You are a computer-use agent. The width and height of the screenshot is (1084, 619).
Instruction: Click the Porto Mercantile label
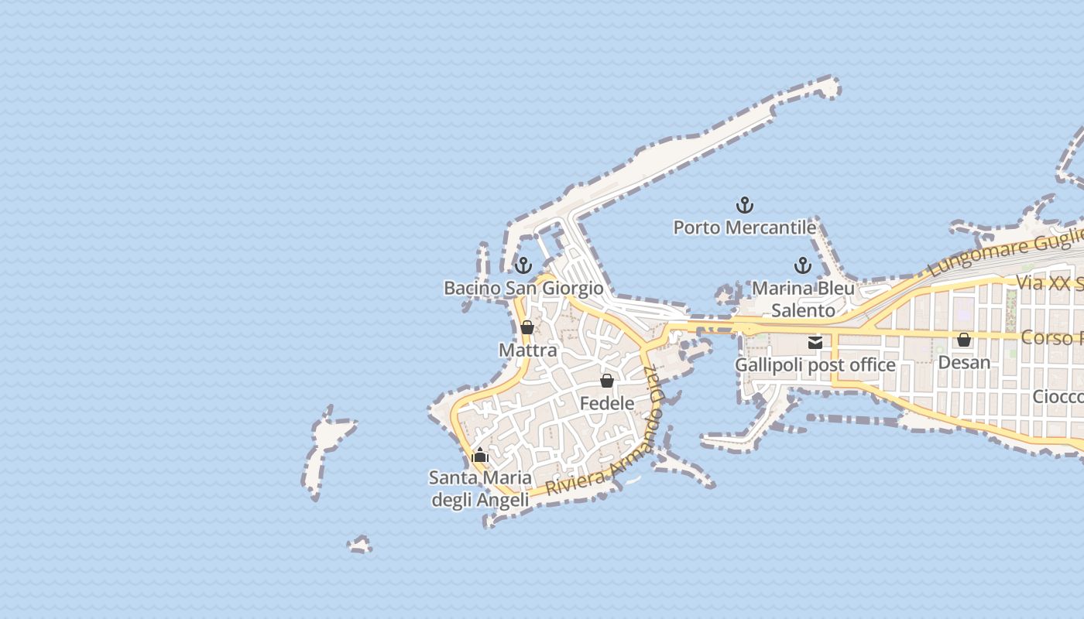(744, 227)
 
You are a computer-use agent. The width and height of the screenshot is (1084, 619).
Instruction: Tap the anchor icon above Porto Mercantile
(744, 205)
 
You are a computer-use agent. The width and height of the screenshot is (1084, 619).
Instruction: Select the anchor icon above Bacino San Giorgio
(523, 266)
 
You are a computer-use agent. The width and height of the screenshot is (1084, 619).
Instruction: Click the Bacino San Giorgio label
(523, 289)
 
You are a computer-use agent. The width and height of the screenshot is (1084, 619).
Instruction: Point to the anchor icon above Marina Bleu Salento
(803, 266)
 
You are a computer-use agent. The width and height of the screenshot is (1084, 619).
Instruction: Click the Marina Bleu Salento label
(804, 299)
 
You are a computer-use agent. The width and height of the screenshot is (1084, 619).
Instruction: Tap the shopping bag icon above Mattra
(527, 327)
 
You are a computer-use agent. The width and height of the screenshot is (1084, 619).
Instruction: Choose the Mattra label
(527, 351)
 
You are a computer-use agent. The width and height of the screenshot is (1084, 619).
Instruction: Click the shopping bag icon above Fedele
(607, 381)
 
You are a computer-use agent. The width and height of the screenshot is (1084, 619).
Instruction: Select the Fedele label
(607, 403)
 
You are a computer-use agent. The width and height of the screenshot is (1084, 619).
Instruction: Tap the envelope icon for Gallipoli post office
(815, 342)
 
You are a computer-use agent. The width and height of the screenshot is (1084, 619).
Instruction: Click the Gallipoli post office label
(815, 364)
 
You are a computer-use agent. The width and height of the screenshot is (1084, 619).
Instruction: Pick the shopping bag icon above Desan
(964, 340)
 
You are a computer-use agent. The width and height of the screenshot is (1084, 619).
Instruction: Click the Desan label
(964, 362)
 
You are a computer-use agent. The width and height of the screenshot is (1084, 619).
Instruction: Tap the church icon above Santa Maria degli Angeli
(480, 455)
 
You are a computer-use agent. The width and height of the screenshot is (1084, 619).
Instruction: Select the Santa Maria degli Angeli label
(480, 489)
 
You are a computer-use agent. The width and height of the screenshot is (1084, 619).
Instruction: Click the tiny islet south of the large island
(359, 545)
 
